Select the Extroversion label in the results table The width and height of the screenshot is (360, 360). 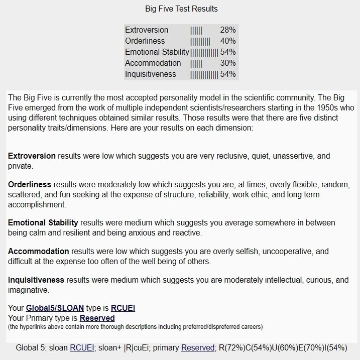tap(147, 30)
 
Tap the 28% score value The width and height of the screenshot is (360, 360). tap(227, 30)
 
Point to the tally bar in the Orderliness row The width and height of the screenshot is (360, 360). tap(200, 41)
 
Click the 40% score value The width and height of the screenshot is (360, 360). tap(227, 41)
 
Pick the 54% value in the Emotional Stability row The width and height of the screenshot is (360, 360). tap(227, 52)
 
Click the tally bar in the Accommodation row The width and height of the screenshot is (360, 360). tap(196, 63)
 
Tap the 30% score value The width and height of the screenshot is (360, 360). tap(227, 63)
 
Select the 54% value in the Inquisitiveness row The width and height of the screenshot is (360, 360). tap(227, 74)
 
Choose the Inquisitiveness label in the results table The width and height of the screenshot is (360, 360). tap(151, 74)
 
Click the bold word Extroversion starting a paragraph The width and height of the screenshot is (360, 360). tap(32, 156)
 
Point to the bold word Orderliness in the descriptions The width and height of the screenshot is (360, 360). tap(30, 185)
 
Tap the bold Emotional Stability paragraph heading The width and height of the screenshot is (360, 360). tap(43, 222)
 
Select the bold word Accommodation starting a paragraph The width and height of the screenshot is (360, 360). tap(39, 251)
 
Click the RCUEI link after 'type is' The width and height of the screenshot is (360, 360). tap(123, 308)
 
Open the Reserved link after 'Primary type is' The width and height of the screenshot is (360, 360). tap(97, 318)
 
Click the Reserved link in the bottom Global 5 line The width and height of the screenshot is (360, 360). tap(198, 347)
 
